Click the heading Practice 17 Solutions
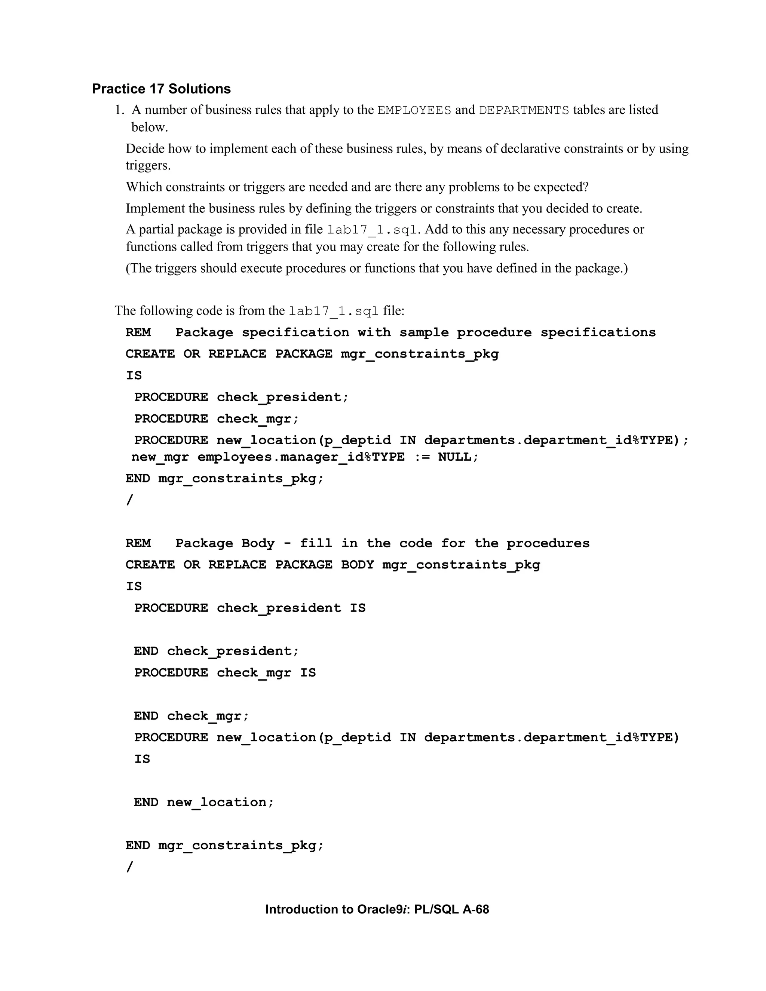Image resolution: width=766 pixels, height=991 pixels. (x=161, y=89)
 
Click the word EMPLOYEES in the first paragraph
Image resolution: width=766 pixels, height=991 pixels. (x=414, y=110)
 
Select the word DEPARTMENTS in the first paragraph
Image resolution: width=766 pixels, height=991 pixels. (x=524, y=110)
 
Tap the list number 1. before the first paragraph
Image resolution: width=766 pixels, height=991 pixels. (x=119, y=110)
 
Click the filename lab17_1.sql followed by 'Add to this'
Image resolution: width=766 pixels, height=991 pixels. (x=372, y=230)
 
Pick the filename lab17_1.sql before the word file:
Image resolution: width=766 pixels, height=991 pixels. (x=334, y=311)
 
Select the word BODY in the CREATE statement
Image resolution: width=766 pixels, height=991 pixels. (x=357, y=565)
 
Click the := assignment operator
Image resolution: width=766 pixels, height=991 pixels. (x=421, y=457)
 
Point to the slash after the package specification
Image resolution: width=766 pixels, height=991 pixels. (x=130, y=500)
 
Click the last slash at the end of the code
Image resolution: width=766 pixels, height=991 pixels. (x=130, y=867)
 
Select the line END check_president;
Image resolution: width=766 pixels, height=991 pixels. (x=217, y=651)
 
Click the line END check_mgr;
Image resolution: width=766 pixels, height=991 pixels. (x=191, y=716)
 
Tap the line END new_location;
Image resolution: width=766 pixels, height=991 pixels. (x=204, y=802)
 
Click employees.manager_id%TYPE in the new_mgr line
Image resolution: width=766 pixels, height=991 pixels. (x=301, y=457)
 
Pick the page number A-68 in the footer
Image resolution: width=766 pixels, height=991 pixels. (x=476, y=910)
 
